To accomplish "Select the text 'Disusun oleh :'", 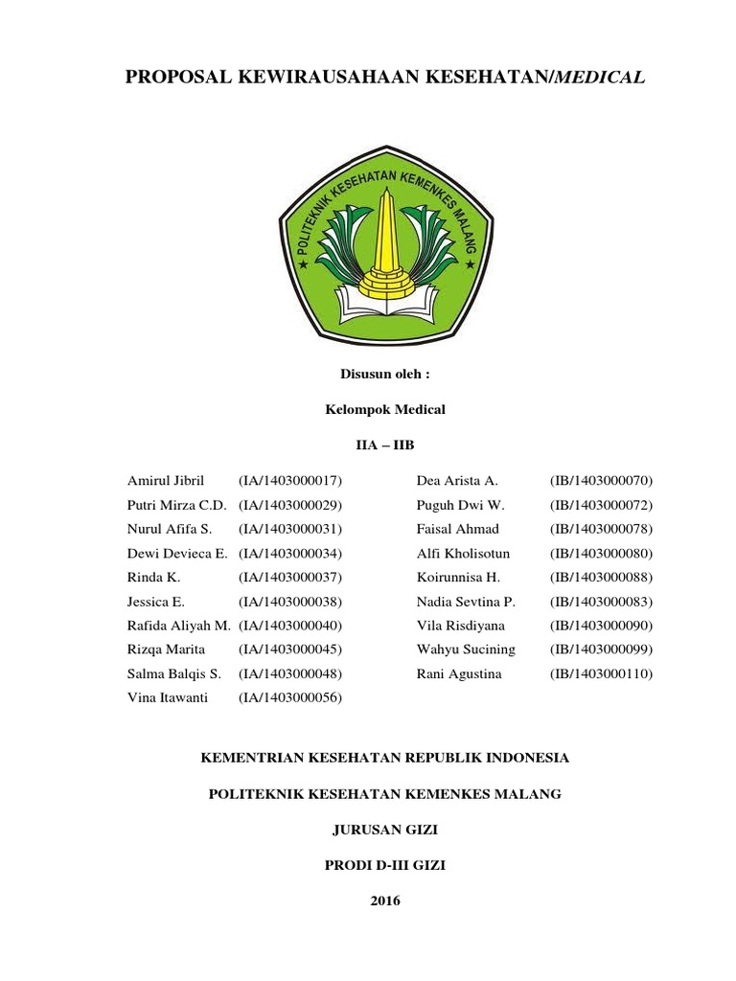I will [381, 373].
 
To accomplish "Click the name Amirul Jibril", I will [167, 480].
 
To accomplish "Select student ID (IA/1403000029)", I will [290, 504].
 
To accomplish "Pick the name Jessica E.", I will [155, 602].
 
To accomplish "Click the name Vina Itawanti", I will [167, 698].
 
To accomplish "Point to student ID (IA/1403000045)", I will [290, 650].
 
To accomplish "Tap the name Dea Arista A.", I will [456, 480].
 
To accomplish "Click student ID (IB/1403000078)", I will [601, 529].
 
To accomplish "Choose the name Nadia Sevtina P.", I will [466, 602].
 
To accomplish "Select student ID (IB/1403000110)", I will [601, 674].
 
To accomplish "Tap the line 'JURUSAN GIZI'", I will [383, 830].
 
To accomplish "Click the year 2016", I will [384, 901].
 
